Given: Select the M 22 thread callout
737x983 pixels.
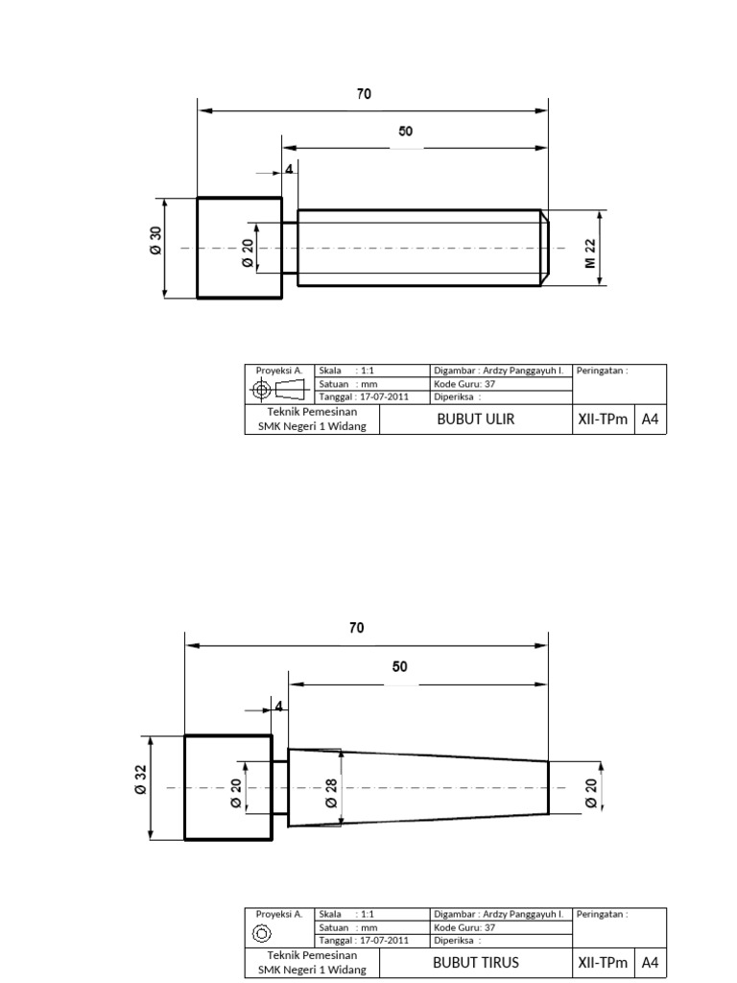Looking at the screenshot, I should (x=591, y=253).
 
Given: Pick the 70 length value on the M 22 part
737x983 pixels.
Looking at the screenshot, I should (x=364, y=94).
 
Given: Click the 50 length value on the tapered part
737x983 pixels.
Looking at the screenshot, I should (x=400, y=666).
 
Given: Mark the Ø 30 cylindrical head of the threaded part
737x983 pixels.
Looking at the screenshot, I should (x=239, y=248).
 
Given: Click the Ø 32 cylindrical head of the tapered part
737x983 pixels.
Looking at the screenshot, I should (x=227, y=787).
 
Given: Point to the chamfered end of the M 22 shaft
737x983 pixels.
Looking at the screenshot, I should (x=543, y=248).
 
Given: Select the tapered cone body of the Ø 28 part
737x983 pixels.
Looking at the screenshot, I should (x=422, y=787).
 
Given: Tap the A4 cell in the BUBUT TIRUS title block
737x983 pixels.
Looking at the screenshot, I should (x=650, y=963).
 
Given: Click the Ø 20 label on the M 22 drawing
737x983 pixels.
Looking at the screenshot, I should (x=247, y=253).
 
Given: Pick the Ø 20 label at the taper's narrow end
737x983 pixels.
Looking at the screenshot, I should (x=591, y=792).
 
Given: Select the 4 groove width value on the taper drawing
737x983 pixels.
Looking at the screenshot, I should (x=278, y=706).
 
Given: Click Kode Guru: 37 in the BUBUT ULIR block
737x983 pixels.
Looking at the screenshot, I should (x=464, y=383).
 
